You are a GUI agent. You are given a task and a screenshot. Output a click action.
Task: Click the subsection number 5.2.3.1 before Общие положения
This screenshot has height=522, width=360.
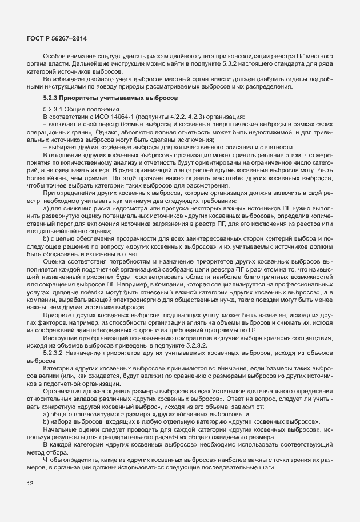coord(55,109)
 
